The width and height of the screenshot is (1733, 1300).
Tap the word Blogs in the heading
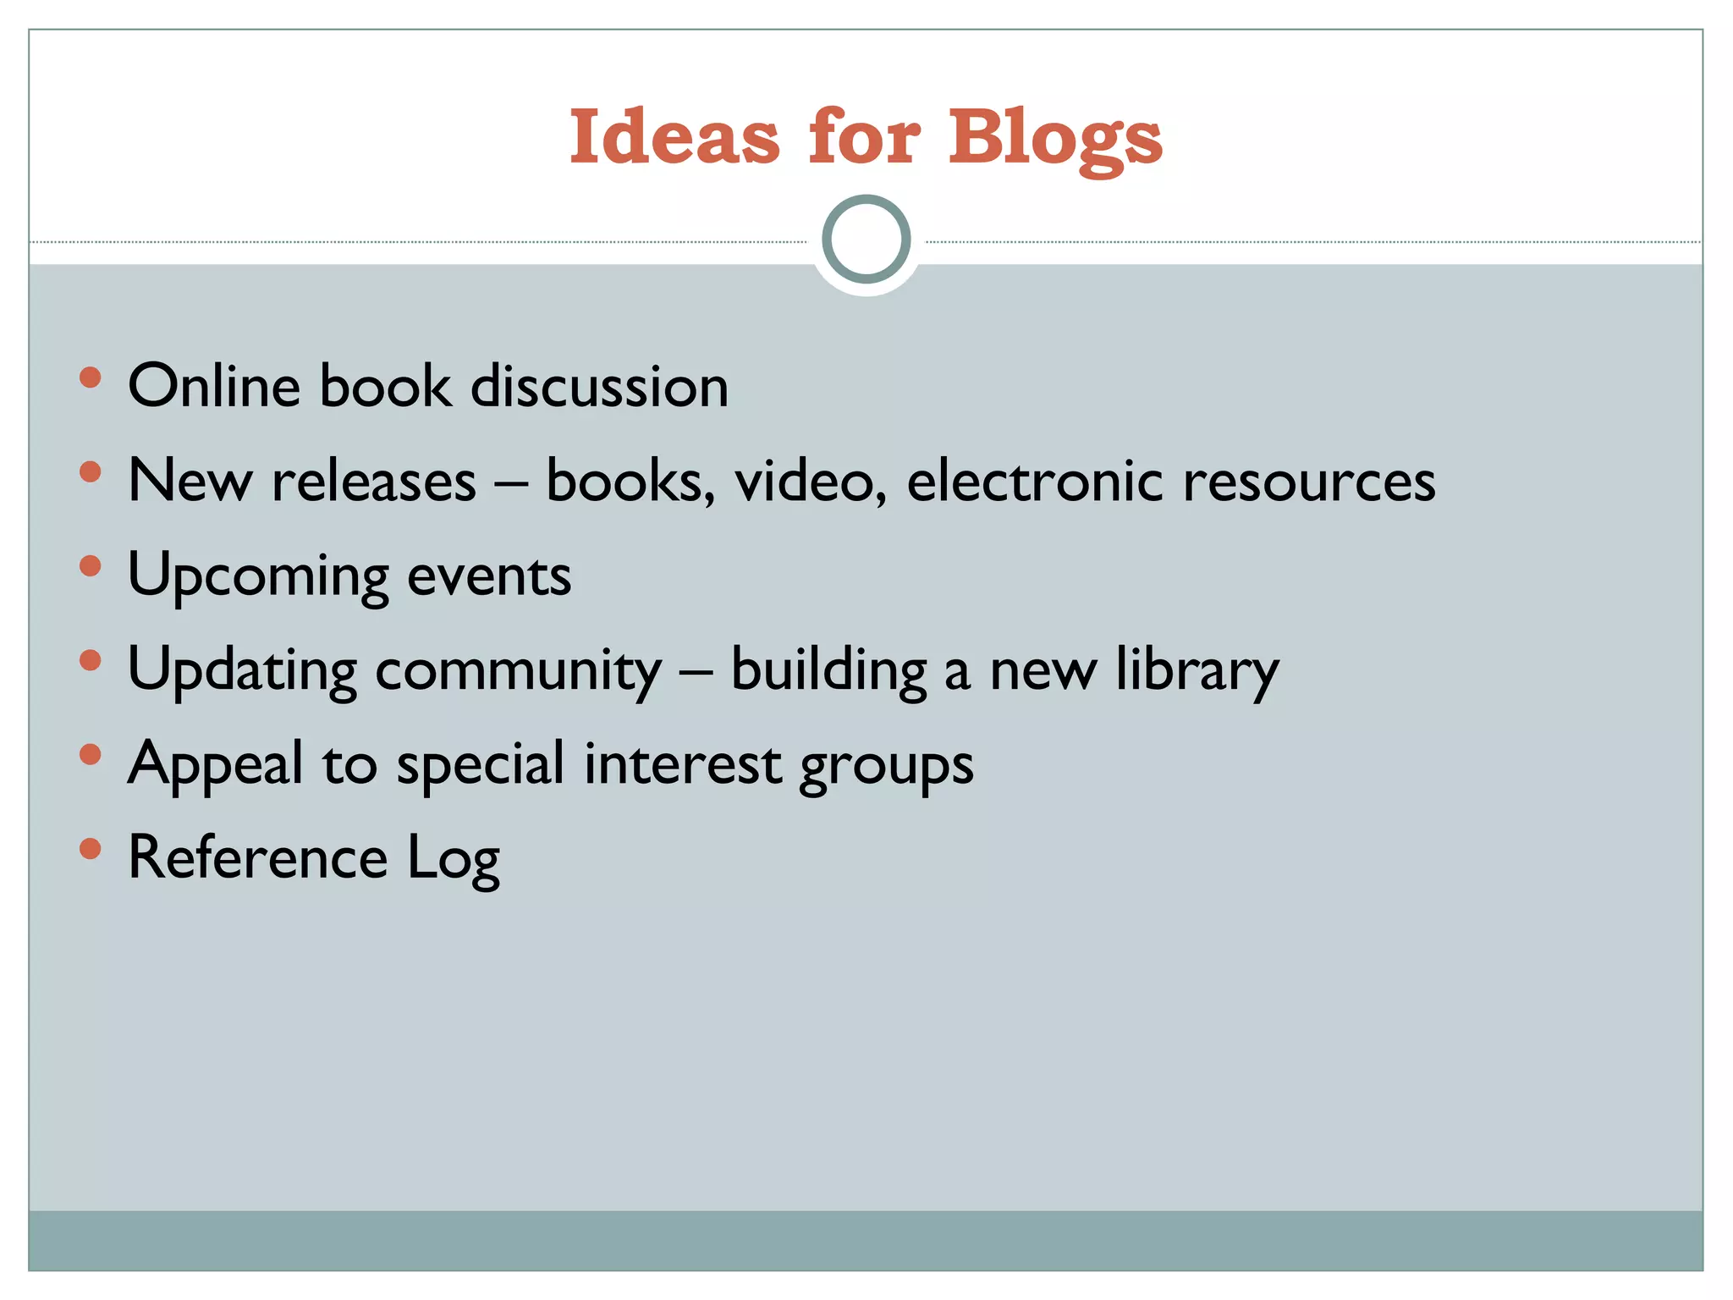(x=1055, y=138)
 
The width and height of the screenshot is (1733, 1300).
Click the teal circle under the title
(x=866, y=240)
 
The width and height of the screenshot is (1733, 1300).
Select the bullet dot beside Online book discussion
(x=90, y=377)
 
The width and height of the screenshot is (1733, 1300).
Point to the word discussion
(x=599, y=386)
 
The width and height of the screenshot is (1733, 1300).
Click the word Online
(x=214, y=386)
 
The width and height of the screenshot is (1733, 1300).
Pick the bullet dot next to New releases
(x=90, y=471)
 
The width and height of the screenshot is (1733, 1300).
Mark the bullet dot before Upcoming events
(x=90, y=565)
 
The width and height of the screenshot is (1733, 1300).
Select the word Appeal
(x=215, y=764)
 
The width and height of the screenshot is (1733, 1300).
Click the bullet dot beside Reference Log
(x=90, y=848)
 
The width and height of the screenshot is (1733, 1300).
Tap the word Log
(x=454, y=859)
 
